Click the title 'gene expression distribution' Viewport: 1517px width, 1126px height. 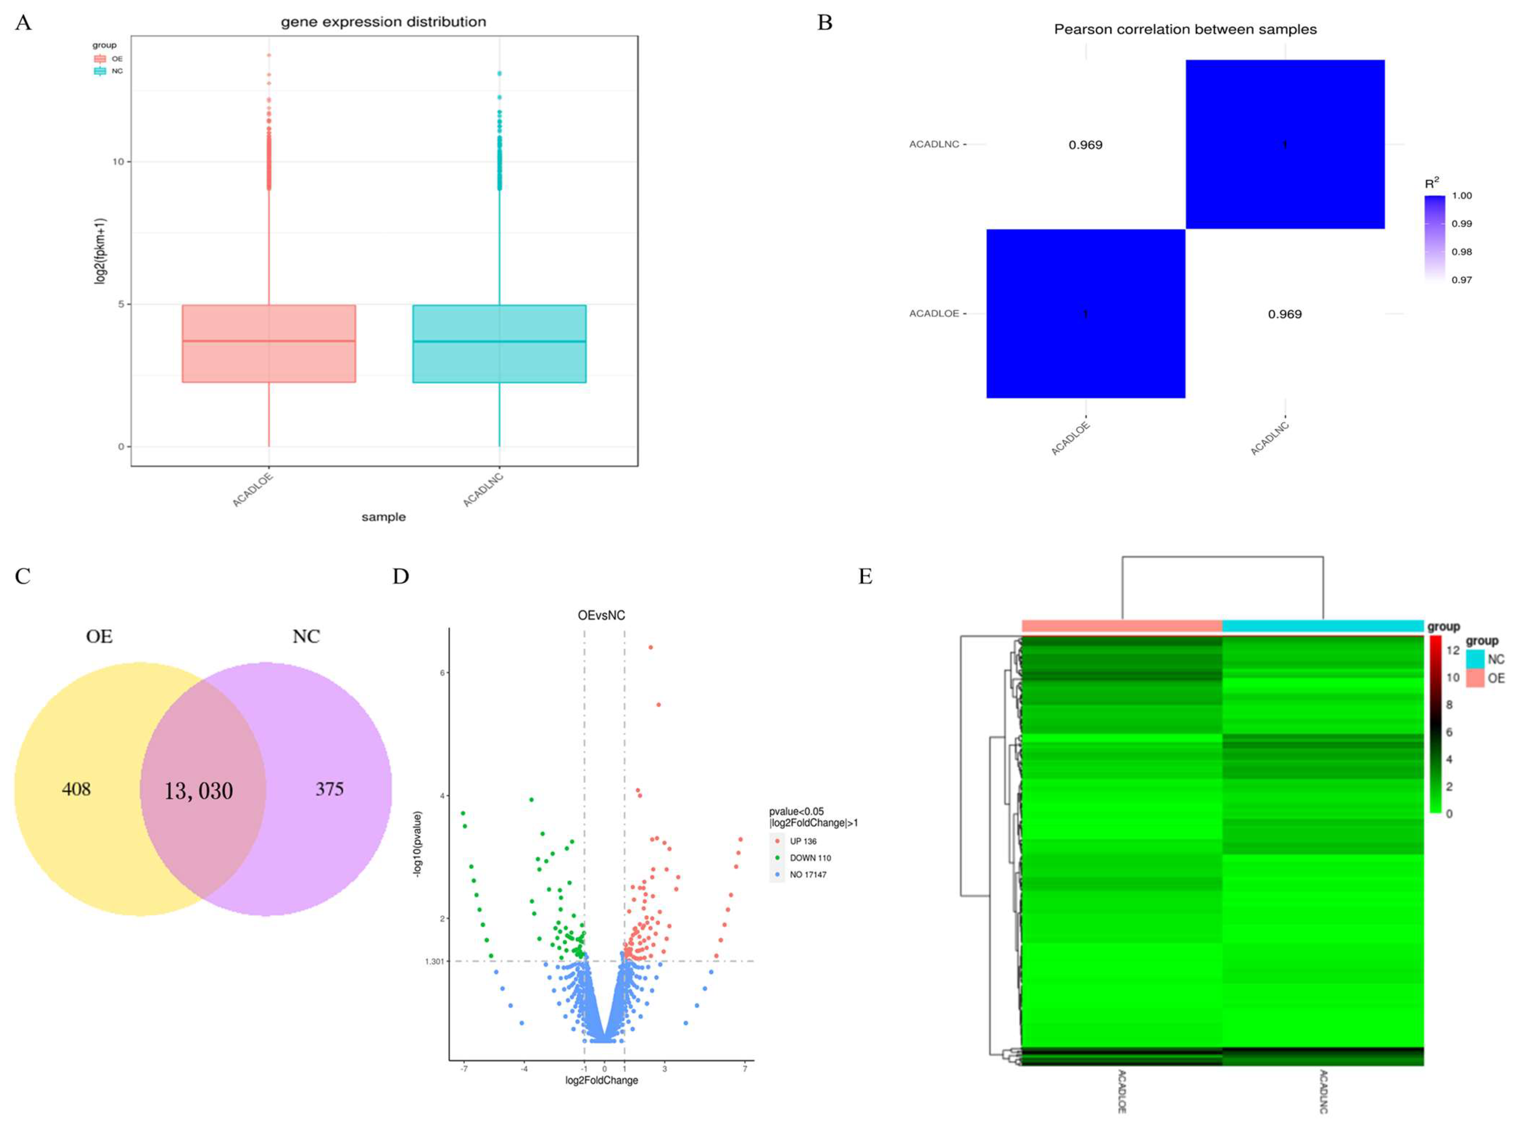tap(383, 22)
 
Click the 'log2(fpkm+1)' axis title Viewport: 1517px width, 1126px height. tap(100, 251)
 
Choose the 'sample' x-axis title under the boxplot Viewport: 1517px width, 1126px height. tap(383, 517)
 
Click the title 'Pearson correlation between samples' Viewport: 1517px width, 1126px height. tap(1185, 29)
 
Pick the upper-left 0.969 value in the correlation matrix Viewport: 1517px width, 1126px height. tap(1085, 145)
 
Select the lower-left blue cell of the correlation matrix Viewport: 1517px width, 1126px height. tap(1085, 313)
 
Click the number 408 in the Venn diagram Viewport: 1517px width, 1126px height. tap(76, 789)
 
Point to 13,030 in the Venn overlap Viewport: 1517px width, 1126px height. tap(198, 791)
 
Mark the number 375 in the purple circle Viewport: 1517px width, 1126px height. tap(329, 789)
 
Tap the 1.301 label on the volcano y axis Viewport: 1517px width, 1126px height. tap(434, 962)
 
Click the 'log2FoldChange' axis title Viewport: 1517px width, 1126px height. tap(601, 1080)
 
